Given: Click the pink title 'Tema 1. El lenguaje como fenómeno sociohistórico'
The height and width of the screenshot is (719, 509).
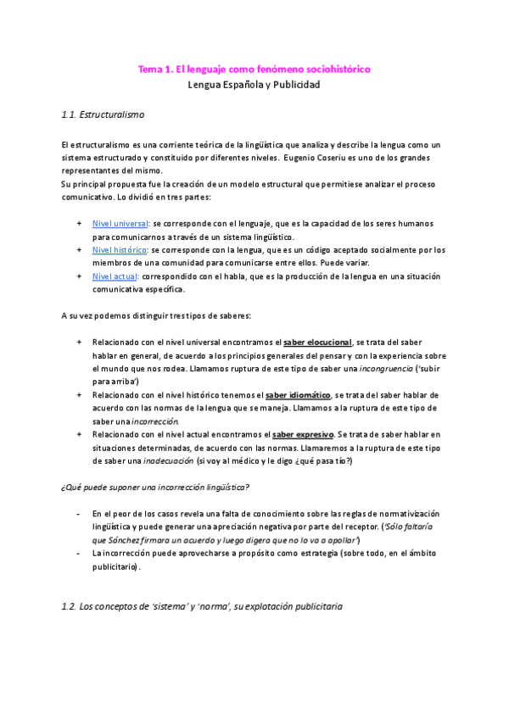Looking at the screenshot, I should tap(254, 68).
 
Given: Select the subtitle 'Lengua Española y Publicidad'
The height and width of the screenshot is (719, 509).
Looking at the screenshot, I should tap(254, 85).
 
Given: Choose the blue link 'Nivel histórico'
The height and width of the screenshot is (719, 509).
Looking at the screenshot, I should tap(120, 249).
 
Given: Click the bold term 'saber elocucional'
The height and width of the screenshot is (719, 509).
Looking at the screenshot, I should tap(317, 342).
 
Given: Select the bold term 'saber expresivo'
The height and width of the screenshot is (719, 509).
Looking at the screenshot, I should tap(303, 435).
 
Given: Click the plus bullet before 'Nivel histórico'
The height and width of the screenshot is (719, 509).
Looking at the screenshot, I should tap(79, 249).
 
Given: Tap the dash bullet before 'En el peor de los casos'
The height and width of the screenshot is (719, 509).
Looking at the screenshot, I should tap(79, 514).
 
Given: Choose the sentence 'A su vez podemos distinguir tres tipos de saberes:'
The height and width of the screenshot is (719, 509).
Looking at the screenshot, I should tap(156, 315).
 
